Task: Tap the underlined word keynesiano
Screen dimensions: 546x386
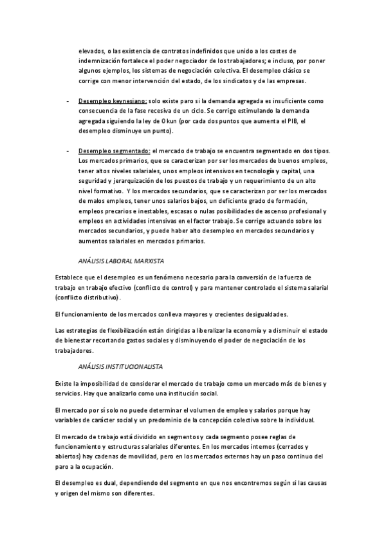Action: click(129, 101)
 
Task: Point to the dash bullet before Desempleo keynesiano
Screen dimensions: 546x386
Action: click(68, 101)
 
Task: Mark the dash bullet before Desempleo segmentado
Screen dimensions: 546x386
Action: click(68, 150)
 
